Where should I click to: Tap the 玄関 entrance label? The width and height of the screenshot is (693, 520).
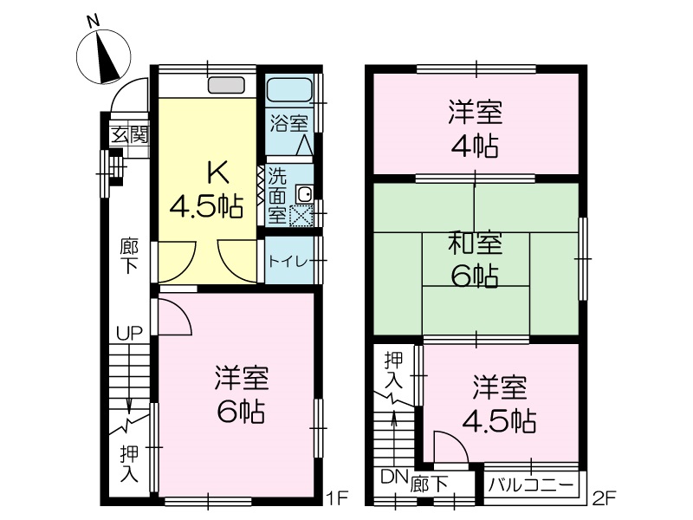click(x=129, y=135)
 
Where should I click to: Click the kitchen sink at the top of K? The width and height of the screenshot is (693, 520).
click(x=226, y=85)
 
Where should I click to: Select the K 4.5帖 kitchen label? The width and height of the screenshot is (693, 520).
click(x=207, y=190)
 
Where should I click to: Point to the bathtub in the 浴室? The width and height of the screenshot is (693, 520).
click(x=289, y=90)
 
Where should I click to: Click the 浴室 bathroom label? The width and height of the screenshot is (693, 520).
click(x=289, y=123)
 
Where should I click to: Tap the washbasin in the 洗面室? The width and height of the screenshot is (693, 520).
click(x=305, y=193)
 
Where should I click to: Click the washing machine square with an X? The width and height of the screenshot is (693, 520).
click(x=301, y=216)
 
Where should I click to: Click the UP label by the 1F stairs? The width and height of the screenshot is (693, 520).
click(x=129, y=333)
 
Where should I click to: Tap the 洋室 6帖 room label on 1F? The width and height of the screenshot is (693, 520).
click(x=242, y=395)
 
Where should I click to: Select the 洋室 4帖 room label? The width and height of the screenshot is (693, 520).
click(x=475, y=129)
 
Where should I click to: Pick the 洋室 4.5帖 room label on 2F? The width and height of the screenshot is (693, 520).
click(x=500, y=403)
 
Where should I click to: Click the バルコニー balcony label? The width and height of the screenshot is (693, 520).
click(x=531, y=485)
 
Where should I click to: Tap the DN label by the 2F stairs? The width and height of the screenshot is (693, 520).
click(x=394, y=477)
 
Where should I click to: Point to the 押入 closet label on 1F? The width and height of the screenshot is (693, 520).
click(x=129, y=464)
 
